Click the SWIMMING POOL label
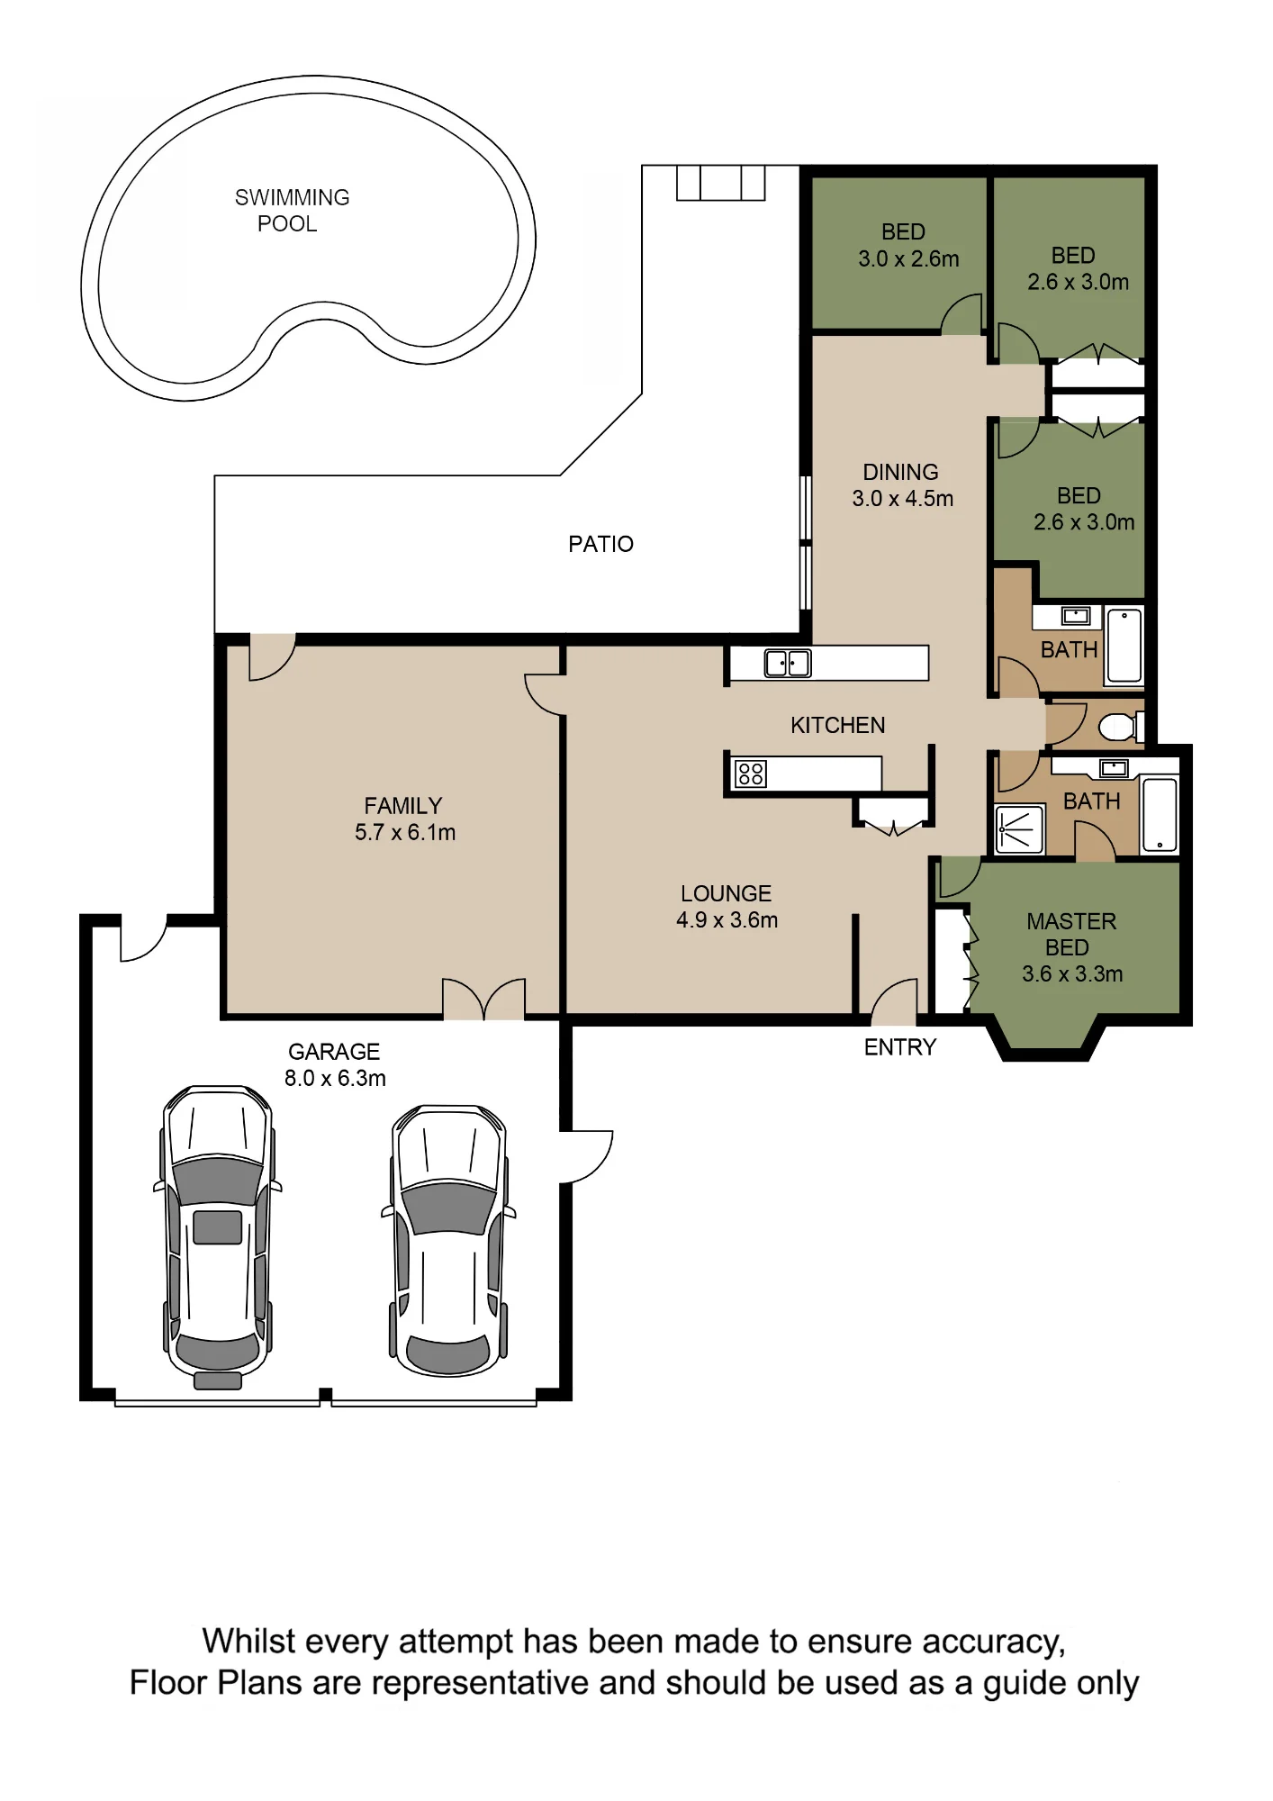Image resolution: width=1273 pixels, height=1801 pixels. pos(292,210)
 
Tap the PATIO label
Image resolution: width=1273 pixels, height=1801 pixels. pos(600,544)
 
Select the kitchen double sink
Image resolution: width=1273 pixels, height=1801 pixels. pos(788,663)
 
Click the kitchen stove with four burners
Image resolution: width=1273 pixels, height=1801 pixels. pos(751,774)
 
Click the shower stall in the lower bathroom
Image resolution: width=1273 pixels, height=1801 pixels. pos(1019,829)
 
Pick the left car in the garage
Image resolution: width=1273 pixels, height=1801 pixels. pos(218,1237)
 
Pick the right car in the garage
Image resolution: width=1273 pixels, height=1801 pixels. pos(447,1240)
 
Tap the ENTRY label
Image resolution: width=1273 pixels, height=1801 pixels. pos(900,1047)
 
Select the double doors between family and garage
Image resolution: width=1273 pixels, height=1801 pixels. pos(483,1000)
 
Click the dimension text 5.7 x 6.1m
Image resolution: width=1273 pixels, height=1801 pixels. pos(405,832)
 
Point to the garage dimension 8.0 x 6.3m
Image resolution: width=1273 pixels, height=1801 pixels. pos(335,1078)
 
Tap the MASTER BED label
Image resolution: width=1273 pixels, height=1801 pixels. pos(1070,934)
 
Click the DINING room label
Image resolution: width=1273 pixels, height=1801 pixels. pos(900,472)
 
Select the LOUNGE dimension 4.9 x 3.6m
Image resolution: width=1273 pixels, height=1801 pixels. pos(727,919)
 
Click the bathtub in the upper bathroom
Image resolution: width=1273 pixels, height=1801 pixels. pos(1124,646)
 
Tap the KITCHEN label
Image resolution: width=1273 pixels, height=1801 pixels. pos(837,725)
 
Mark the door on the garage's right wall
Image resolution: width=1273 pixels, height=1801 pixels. pos(587,1156)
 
